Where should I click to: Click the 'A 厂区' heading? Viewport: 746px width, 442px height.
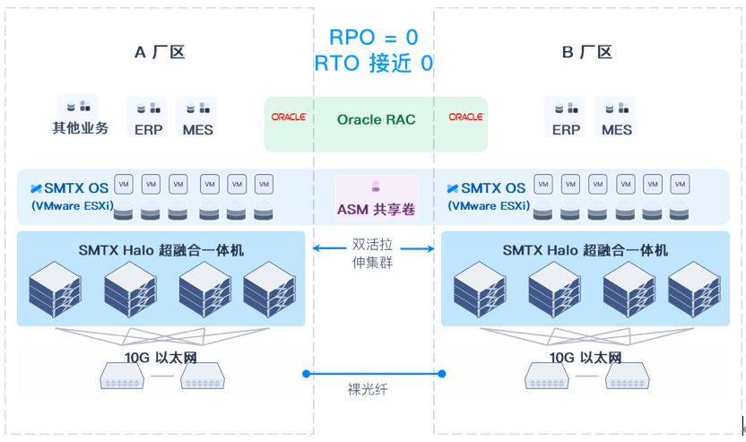[160, 52]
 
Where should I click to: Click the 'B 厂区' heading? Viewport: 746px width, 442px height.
[586, 52]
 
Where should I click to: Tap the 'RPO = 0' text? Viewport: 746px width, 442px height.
[374, 37]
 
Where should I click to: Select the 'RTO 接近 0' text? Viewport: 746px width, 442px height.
[374, 63]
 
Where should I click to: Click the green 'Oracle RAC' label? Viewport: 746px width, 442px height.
[376, 119]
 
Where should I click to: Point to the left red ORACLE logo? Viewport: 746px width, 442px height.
[289, 117]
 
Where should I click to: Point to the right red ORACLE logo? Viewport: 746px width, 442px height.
[465, 117]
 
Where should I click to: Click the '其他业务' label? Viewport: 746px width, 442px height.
[81, 127]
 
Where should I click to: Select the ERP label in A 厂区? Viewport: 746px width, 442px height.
[149, 130]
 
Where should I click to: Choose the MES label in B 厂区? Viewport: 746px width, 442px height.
[617, 130]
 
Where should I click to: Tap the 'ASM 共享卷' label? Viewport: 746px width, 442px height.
[376, 209]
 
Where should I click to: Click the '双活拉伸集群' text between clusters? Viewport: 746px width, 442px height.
[372, 253]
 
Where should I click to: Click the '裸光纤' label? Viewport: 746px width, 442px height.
[368, 390]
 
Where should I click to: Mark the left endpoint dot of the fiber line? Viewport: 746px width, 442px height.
[307, 374]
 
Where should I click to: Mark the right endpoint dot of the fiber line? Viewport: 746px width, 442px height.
[442, 374]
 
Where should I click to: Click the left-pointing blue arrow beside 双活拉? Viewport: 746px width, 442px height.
[329, 247]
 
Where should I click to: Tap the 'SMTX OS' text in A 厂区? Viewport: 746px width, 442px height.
[76, 188]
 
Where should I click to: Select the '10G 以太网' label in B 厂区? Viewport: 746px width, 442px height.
[586, 358]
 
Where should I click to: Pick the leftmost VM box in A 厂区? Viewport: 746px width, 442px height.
[124, 184]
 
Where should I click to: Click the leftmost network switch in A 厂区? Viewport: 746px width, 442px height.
[122, 376]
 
